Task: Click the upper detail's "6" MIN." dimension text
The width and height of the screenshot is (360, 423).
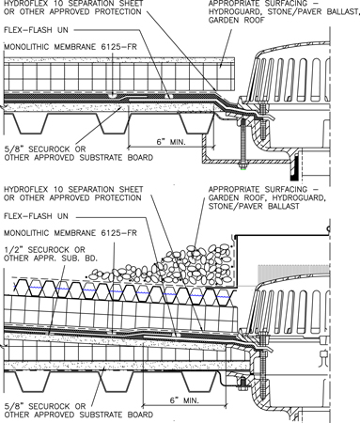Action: [171, 142]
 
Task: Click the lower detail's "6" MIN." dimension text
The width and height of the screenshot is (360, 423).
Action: [184, 400]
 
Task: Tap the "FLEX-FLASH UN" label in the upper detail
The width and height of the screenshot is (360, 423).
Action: [36, 30]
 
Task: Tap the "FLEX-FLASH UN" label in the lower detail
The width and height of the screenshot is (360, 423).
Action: [36, 216]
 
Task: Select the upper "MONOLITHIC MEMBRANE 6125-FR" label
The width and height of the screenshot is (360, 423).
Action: [70, 47]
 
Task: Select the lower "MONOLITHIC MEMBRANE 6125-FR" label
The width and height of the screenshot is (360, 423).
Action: [70, 233]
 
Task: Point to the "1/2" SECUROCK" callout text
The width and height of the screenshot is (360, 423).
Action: [44, 250]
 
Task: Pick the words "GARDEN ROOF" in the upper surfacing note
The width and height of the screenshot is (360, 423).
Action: [237, 20]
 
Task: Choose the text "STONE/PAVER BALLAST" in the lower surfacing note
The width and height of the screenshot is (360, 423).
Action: [254, 206]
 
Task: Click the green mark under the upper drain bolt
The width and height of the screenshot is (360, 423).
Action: [243, 169]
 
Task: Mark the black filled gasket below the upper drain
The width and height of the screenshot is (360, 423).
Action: [294, 169]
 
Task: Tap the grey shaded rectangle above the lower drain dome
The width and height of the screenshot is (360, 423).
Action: [293, 274]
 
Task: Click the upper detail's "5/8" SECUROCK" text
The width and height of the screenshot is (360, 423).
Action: [45, 149]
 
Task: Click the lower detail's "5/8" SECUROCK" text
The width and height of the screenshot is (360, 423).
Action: [45, 406]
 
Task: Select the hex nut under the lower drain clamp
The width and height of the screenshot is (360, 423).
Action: [242, 384]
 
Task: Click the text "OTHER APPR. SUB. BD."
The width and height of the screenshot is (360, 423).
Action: [51, 258]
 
